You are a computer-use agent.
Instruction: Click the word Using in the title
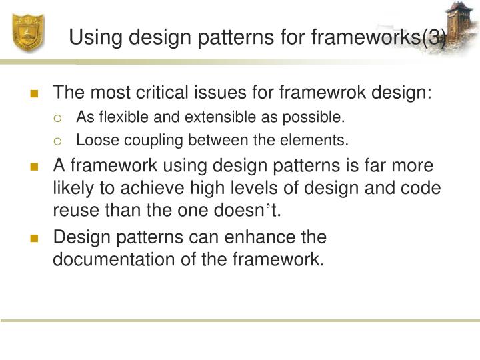(x=93, y=37)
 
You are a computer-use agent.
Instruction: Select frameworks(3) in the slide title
(x=378, y=37)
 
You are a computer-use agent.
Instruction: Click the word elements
(x=322, y=140)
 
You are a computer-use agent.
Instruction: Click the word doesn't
(x=250, y=211)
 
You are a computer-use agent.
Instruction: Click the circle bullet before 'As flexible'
(x=58, y=119)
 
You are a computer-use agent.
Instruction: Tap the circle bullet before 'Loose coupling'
(x=58, y=141)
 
